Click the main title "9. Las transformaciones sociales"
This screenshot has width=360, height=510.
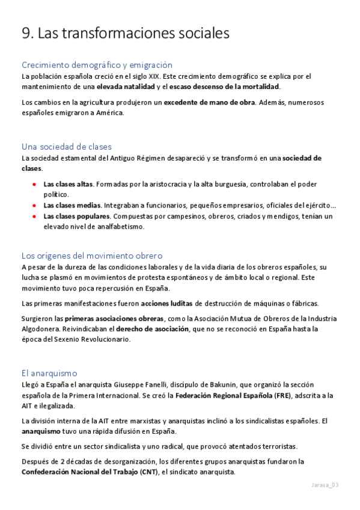tap(125, 34)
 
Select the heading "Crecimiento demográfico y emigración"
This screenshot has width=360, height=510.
tap(97, 65)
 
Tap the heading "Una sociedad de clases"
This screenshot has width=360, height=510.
tap(66, 147)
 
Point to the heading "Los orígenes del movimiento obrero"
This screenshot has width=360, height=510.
tap(92, 256)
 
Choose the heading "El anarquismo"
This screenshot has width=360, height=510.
tap(49, 373)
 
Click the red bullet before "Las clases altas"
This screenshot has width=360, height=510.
tap(35, 184)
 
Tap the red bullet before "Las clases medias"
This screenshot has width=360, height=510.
tap(35, 206)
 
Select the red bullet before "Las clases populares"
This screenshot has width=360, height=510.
tap(35, 216)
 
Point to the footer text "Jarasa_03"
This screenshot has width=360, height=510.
tap(325, 485)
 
